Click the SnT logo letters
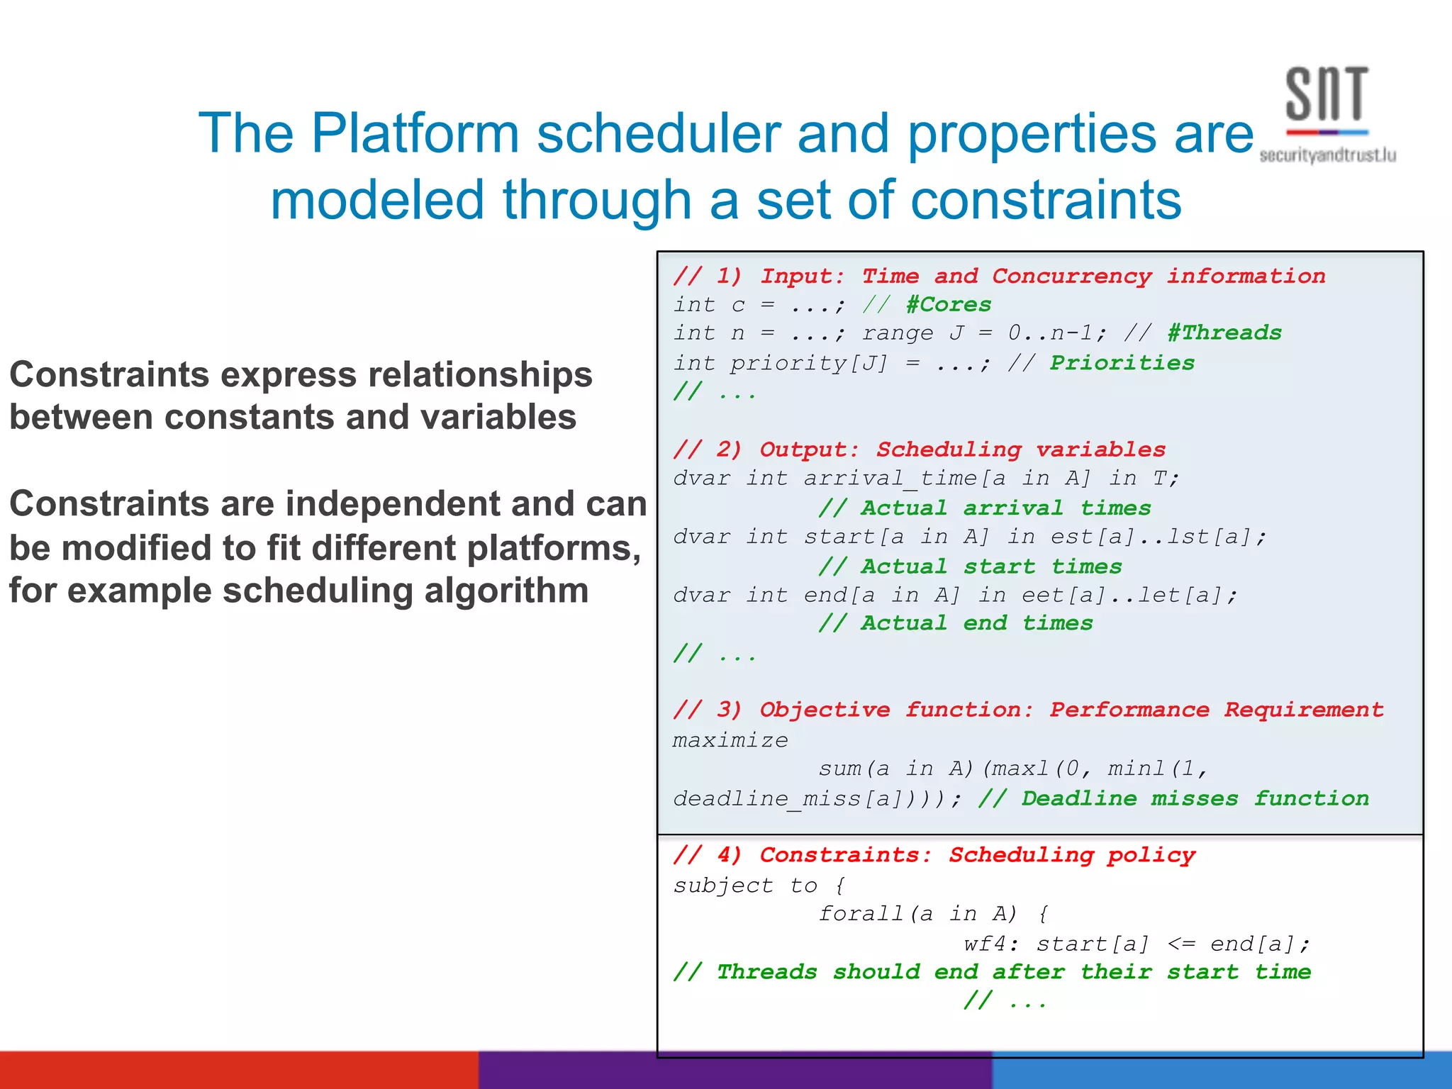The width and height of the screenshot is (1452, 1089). coord(1326,94)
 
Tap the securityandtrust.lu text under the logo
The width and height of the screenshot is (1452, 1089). coord(1327,155)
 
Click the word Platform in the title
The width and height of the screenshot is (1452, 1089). coord(415,133)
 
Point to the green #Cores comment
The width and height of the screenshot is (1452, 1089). coord(949,305)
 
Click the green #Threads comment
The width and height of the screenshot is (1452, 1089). coord(1224,333)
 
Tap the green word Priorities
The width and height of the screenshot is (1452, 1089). coord(1122,363)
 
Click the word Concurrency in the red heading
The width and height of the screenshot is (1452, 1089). coord(1072,276)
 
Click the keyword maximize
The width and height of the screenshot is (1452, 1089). coord(730,740)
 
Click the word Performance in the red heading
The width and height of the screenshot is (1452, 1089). coord(1129,710)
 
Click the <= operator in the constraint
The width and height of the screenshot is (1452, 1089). coord(1181,944)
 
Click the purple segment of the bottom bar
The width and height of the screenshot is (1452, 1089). coord(735,1071)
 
